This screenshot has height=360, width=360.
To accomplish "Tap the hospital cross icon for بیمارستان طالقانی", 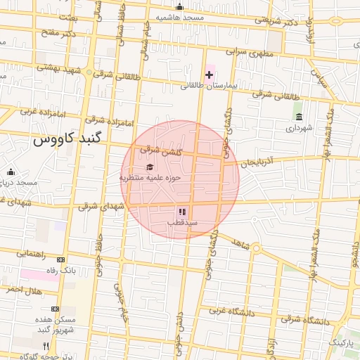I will point(209,75).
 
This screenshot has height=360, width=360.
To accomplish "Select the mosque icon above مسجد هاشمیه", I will point(180,7).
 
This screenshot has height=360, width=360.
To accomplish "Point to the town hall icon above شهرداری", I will point(299,117).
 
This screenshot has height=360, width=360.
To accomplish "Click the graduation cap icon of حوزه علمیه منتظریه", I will point(150,167).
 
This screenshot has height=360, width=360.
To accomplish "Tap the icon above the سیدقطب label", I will point(181,211).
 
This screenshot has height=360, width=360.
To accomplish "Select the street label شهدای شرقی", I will point(101,206).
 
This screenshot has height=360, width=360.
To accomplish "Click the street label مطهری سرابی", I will point(246,52).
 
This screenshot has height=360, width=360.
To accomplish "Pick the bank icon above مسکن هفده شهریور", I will point(56,309).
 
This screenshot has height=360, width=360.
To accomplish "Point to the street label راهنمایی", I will point(30,253).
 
